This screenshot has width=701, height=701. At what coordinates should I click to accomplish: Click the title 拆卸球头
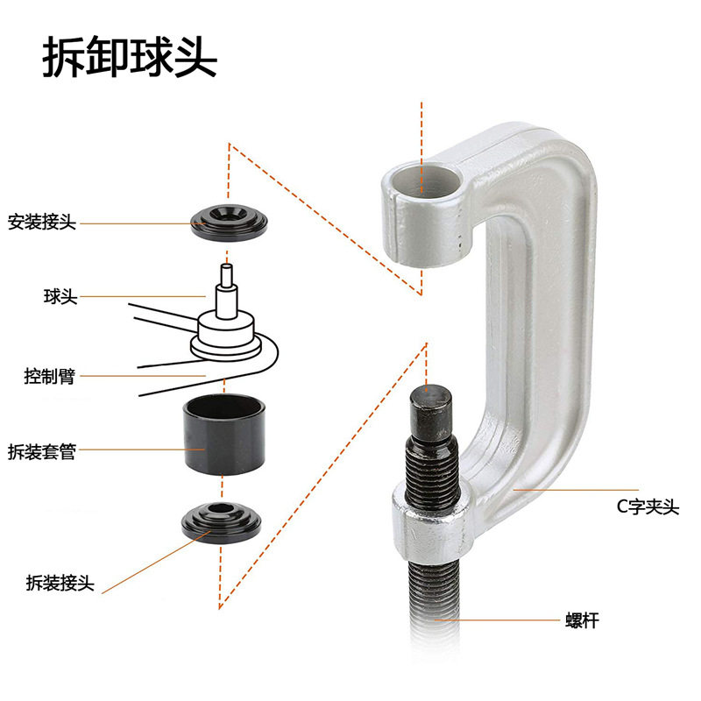pyautogui.click(x=129, y=59)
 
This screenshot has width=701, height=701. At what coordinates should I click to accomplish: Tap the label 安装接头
pyautogui.click(x=42, y=223)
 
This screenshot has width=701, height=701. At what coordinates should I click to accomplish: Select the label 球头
pyautogui.click(x=60, y=297)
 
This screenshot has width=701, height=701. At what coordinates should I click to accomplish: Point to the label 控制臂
pyautogui.click(x=49, y=377)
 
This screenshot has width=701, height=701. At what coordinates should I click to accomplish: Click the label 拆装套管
pyautogui.click(x=42, y=452)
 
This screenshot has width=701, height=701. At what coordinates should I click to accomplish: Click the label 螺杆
pyautogui.click(x=582, y=621)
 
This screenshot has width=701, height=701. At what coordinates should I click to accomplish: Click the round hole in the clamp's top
pyautogui.click(x=423, y=181)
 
